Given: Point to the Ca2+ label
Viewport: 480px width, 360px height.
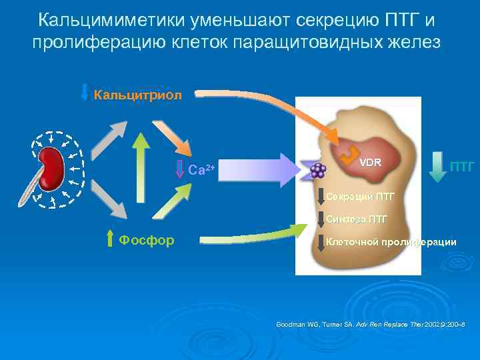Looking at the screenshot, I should tap(201, 170).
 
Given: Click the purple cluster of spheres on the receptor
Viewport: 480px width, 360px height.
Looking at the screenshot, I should tap(318, 170).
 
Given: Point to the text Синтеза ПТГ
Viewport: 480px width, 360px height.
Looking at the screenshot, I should tap(357, 219).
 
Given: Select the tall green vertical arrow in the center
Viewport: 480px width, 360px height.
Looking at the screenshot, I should tap(139, 167).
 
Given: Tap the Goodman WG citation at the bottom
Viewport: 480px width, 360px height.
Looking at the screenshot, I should tap(370, 325).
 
